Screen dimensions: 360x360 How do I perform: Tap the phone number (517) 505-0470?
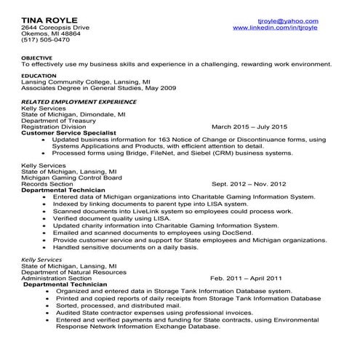click(x=45, y=41)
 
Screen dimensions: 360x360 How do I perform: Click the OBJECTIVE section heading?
click(x=38, y=57)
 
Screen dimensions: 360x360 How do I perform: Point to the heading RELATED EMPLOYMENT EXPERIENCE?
click(x=79, y=102)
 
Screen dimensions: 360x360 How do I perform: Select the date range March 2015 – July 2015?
click(x=249, y=127)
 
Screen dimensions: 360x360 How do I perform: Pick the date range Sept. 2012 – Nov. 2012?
click(x=248, y=184)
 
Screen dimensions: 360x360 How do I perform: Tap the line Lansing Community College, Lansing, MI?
click(x=86, y=82)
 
